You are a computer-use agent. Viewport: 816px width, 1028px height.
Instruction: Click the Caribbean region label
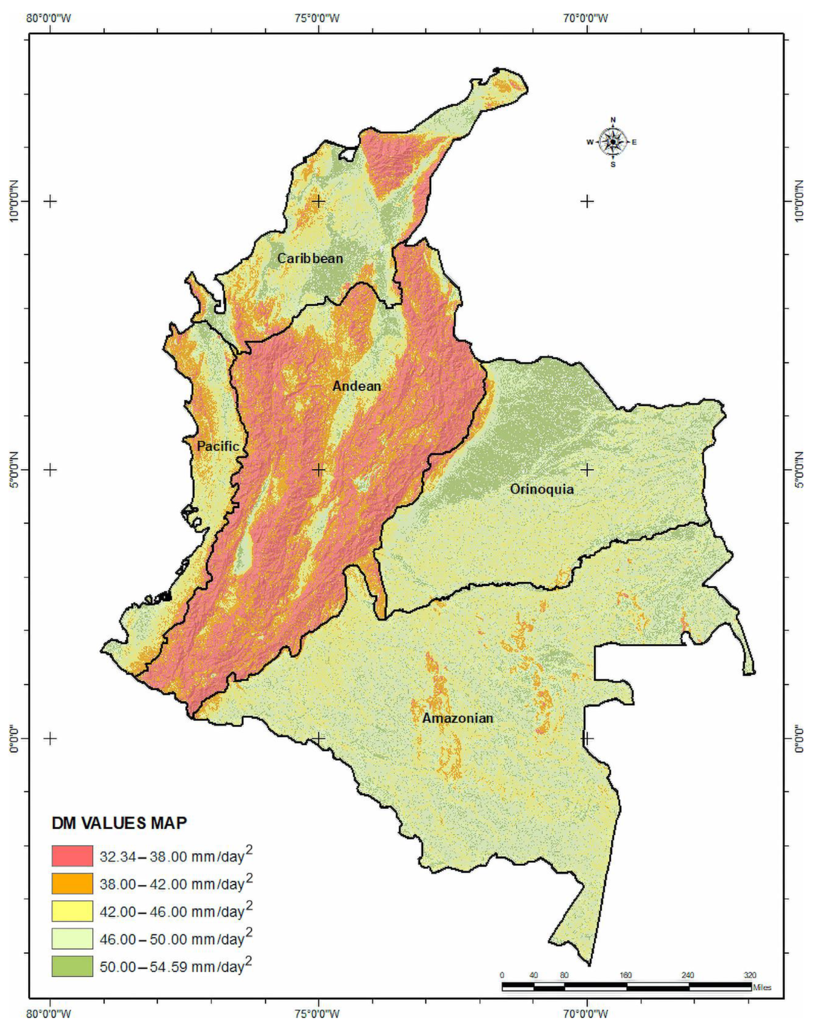tap(310, 258)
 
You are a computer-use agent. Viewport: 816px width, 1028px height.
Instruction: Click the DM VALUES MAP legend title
tap(119, 823)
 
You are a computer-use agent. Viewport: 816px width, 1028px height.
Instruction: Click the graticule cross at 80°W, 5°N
tap(50, 470)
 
